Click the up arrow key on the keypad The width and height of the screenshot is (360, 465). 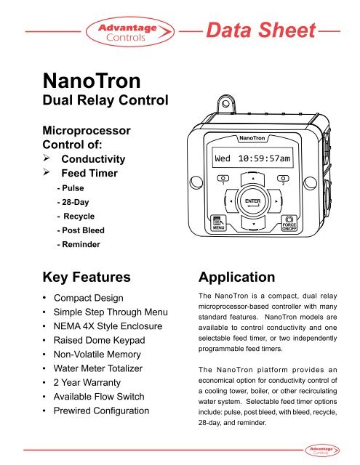point(252,178)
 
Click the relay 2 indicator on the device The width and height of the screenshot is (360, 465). point(289,179)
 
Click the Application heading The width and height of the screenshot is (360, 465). point(236,277)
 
